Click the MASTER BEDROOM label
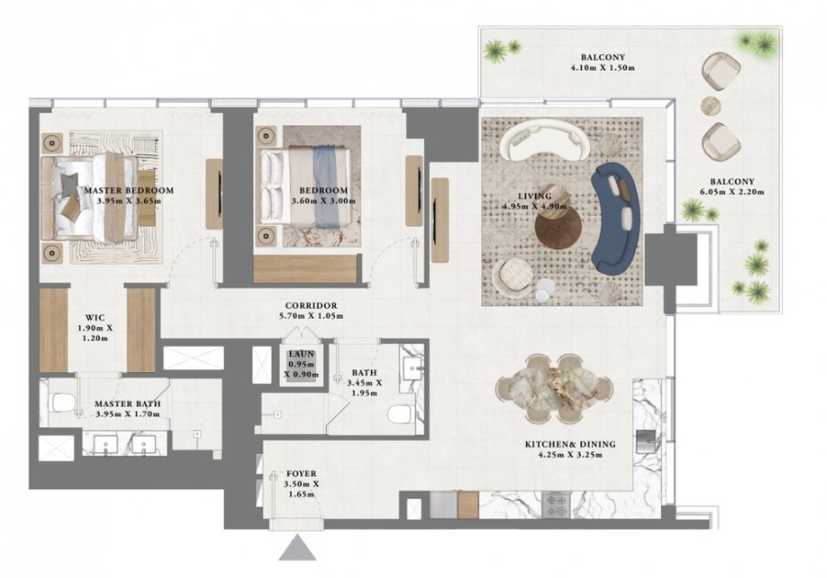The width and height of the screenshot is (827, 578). point(129,191)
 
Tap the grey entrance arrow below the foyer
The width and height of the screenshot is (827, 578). point(297,548)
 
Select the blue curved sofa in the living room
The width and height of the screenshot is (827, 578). point(616,215)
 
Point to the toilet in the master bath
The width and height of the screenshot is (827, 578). point(63,405)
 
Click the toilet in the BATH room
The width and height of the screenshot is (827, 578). point(402,414)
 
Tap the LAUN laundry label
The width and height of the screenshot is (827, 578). point(302,354)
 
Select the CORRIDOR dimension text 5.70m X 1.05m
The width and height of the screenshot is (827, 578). point(311,316)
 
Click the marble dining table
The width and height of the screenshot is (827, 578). point(554,388)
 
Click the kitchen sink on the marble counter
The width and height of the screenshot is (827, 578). point(647,441)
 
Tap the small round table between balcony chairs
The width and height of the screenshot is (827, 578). point(711,106)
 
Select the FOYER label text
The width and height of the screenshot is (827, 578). point(302,473)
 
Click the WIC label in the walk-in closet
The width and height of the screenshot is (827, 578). point(95,318)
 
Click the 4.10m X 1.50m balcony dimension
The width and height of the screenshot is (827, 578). point(602,68)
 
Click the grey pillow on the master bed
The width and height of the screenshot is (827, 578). point(68,184)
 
